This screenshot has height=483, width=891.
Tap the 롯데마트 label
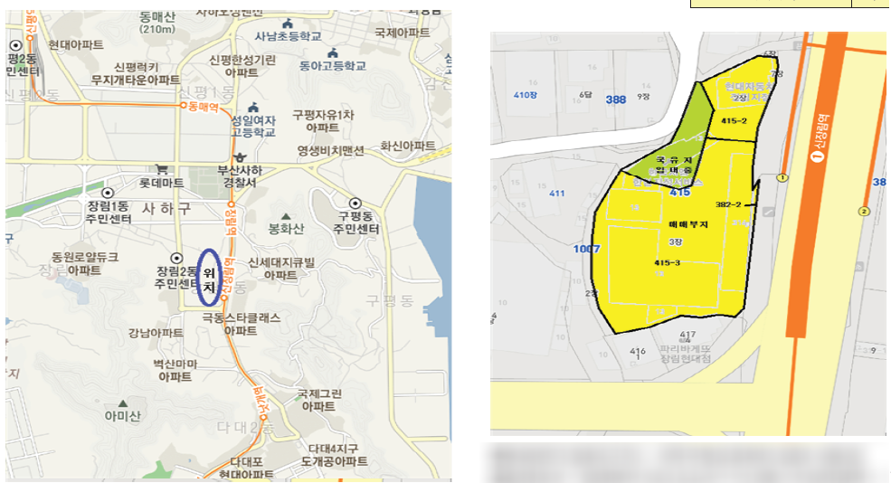pos(162,182)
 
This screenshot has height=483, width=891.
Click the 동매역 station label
pos(204,106)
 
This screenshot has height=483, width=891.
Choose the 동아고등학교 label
pos(334,65)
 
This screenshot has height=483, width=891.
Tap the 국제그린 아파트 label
pos(318,400)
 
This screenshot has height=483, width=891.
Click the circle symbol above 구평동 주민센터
pos(355,204)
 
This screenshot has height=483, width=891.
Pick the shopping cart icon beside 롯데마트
pos(161,168)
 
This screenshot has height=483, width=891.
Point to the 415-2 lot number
pos(734,120)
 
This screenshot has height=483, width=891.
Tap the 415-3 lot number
pos(667,262)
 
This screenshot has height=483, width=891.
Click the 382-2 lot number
pos(728,204)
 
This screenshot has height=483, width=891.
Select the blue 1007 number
pos(587,248)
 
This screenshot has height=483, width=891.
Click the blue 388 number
pos(616,99)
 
